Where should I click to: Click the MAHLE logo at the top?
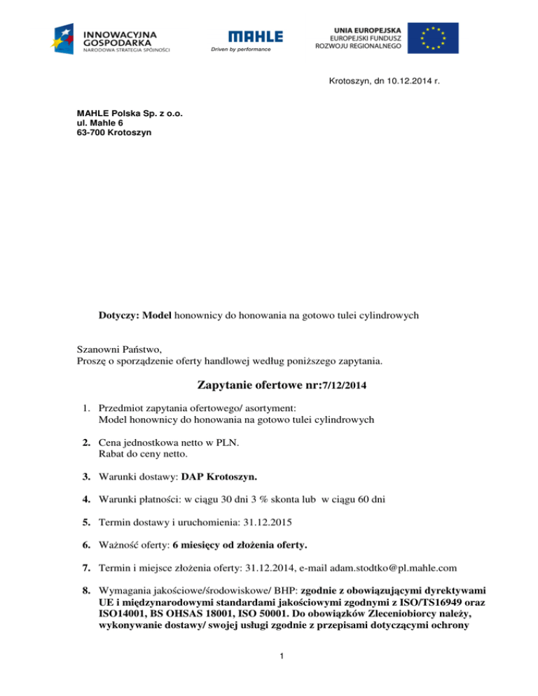pyautogui.click(x=255, y=36)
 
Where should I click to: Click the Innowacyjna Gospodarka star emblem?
pyautogui.click(x=67, y=39)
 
